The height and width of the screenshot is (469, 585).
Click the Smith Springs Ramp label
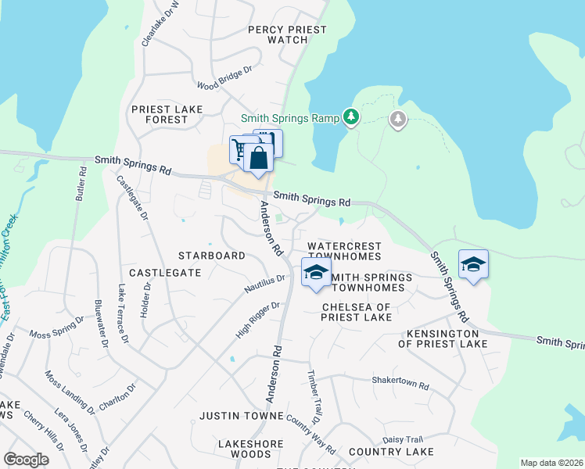pos(289,118)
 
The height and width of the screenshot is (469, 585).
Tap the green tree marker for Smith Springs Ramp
pos(352,117)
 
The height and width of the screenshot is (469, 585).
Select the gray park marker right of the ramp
pos(398,120)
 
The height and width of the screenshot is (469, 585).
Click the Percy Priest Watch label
pos(286,34)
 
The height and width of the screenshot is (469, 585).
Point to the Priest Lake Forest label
pos(167,114)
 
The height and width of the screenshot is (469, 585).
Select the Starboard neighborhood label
pos(211,256)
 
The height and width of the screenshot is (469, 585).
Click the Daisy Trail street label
pos(402,439)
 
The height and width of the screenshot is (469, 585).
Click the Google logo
pos(27,460)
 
